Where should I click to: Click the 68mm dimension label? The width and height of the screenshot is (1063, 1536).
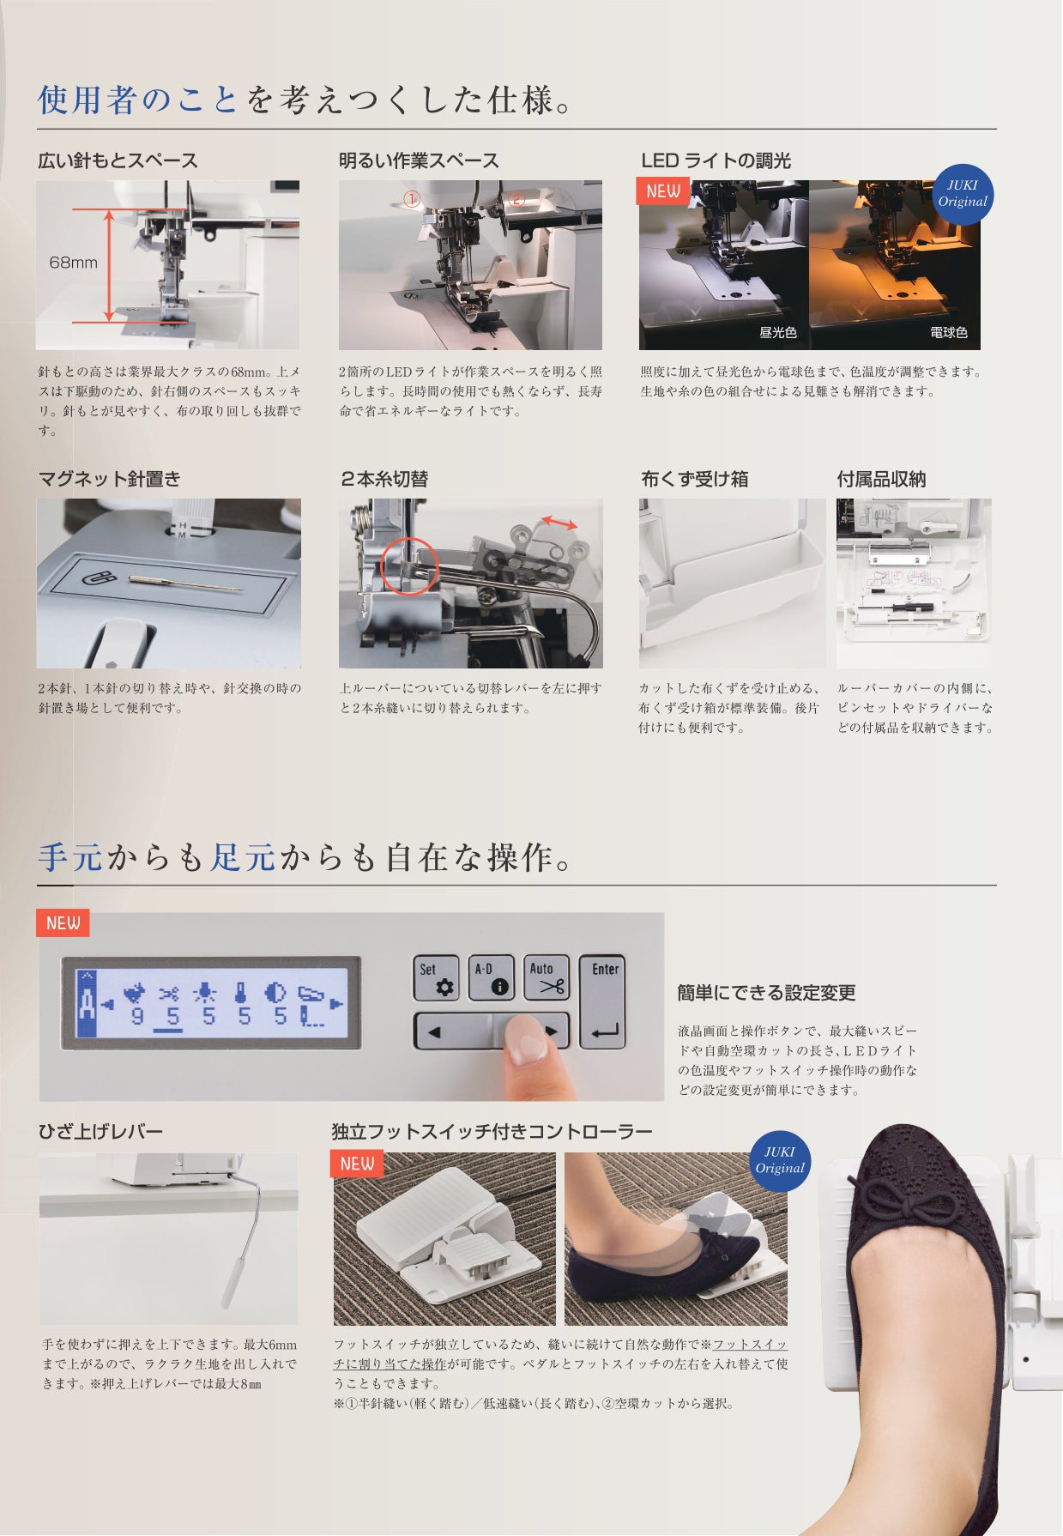(73, 263)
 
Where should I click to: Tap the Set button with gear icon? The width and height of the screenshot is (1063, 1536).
(436, 978)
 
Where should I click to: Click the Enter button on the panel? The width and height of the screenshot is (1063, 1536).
(605, 1001)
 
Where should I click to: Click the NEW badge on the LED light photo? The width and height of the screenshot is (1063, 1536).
(662, 191)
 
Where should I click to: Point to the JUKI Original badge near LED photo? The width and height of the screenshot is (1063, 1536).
(962, 194)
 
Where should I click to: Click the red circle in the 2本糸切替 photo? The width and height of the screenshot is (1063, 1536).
(408, 566)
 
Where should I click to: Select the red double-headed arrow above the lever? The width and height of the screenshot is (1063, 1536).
(559, 523)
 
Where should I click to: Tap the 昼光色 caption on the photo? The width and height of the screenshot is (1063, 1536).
(777, 333)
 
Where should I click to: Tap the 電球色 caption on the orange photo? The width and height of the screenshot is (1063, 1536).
(948, 333)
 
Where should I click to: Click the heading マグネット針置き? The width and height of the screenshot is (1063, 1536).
(109, 479)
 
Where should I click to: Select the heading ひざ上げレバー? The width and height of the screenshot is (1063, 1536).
(100, 1131)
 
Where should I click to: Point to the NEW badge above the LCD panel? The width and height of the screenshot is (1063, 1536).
(63, 923)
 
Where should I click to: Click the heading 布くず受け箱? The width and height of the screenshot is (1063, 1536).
(694, 479)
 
